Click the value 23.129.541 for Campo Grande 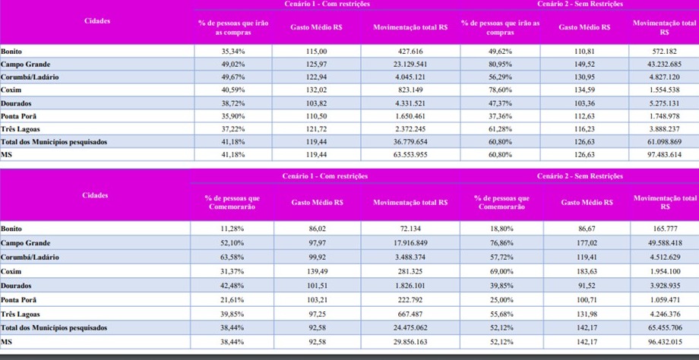(x=410, y=64)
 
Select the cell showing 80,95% (x=500, y=64)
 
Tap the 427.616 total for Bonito (x=410, y=51)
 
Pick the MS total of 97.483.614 (x=664, y=154)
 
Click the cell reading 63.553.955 (x=410, y=154)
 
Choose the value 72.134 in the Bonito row (x=410, y=229)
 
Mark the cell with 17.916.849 (x=410, y=243)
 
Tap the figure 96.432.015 (x=664, y=342)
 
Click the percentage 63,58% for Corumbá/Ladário (x=232, y=257)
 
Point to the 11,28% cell (x=232, y=229)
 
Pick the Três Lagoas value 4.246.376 (x=664, y=314)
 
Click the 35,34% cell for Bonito (x=233, y=51)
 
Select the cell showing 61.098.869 (x=664, y=142)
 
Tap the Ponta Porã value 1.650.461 (x=410, y=116)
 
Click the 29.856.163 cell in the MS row (x=410, y=342)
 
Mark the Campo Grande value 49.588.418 (x=664, y=243)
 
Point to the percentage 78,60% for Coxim (x=500, y=90)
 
